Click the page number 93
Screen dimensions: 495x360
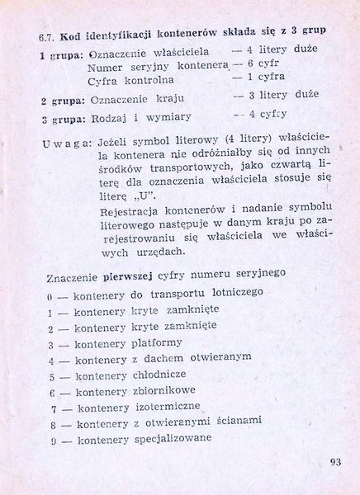(334, 460)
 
